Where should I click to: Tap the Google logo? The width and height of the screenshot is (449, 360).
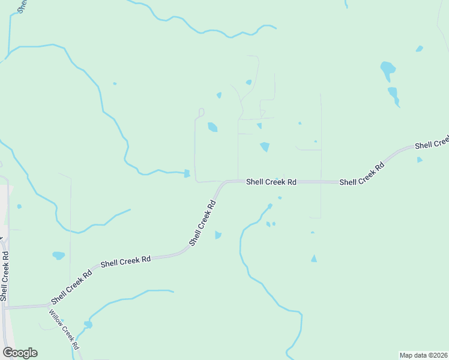pyautogui.click(x=20, y=353)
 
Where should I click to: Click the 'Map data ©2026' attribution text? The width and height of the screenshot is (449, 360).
pyautogui.click(x=424, y=355)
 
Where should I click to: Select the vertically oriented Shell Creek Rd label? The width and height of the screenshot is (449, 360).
pyautogui.click(x=5, y=276)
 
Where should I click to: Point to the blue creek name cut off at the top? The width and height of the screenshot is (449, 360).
pyautogui.click(x=22, y=6)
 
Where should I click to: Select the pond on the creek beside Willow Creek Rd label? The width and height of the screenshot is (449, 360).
pyautogui.click(x=88, y=325)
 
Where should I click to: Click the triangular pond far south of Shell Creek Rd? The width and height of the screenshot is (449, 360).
pyautogui.click(x=313, y=258)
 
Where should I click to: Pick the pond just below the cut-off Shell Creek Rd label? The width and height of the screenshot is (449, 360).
pyautogui.click(x=420, y=160)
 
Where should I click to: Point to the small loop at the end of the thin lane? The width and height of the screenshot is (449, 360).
pyautogui.click(x=201, y=112)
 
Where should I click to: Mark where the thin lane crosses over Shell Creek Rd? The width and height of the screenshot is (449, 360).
pyautogui.click(x=321, y=182)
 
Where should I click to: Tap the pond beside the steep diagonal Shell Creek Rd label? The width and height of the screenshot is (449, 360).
pyautogui.click(x=218, y=235)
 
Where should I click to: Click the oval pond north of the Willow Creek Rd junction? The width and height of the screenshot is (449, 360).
pyautogui.click(x=58, y=256)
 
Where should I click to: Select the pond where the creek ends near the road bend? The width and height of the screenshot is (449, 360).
pyautogui.click(x=187, y=174)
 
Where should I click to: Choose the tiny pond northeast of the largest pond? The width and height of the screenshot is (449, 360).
pyautogui.click(x=420, y=49)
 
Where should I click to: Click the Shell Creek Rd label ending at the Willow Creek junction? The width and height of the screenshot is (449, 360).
pyautogui.click(x=71, y=286)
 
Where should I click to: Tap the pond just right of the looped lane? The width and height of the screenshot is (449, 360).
pyautogui.click(x=212, y=127)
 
